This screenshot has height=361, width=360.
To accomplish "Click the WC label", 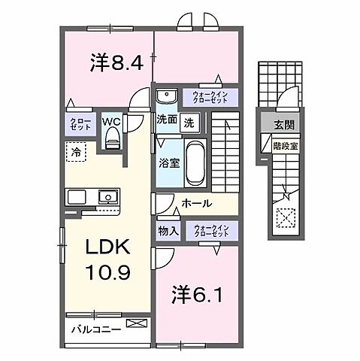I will (x=112, y=120).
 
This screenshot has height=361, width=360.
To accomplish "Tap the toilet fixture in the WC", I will (x=113, y=136).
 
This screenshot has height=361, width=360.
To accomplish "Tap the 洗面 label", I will (x=167, y=120).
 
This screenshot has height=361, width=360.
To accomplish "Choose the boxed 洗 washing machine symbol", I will (x=190, y=121).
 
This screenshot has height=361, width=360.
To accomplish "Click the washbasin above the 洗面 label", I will (x=167, y=96).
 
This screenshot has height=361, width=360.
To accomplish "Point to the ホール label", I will (x=196, y=204).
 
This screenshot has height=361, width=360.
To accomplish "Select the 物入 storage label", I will (x=168, y=232).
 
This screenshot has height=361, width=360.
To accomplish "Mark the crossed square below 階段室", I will (x=286, y=220).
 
